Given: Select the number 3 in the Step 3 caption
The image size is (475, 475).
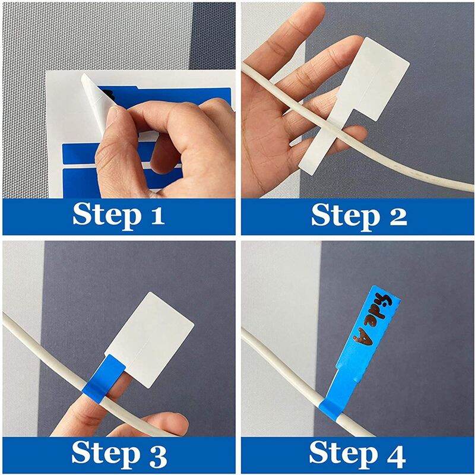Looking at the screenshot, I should pos(158,454).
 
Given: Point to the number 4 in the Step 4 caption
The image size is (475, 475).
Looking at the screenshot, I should pos(396,454).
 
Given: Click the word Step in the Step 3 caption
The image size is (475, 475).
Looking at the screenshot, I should pos(107,454).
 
